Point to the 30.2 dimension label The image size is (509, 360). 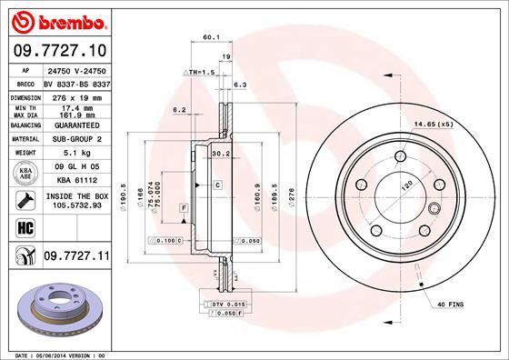(x=220, y=153)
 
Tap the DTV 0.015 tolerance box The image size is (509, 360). (x=226, y=303)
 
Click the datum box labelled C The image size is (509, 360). (x=219, y=185)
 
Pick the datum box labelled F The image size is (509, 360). (x=185, y=208)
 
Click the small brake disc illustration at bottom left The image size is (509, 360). (x=56, y=305)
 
